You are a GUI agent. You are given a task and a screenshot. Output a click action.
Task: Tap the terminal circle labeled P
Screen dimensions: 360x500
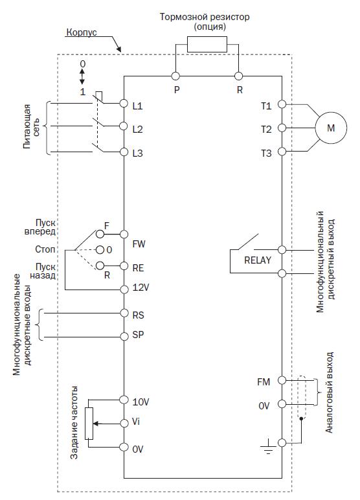point(175,76)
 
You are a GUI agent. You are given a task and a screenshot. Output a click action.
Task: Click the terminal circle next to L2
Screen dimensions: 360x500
point(124,126)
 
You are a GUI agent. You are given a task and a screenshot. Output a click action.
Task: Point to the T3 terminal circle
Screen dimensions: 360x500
point(282,151)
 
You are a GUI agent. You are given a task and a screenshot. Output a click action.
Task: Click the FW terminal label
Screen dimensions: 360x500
point(139,244)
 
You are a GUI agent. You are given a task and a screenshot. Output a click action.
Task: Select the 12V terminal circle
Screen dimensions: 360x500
point(124,290)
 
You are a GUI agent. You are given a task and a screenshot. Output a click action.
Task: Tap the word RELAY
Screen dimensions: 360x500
point(257,260)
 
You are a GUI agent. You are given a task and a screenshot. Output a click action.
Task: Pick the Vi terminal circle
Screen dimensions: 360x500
point(124,423)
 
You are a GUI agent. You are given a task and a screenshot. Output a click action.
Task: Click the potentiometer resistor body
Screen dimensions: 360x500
point(89,424)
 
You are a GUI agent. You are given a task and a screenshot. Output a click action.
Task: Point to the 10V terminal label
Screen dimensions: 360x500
point(141,402)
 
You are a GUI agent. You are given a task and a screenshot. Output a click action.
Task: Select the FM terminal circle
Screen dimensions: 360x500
point(282,380)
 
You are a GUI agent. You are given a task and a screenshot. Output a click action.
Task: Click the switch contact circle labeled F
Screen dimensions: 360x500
point(100,234)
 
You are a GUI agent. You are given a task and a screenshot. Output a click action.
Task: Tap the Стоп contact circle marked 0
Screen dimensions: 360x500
point(100,250)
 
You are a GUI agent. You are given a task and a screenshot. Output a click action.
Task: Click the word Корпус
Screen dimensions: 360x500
point(82,33)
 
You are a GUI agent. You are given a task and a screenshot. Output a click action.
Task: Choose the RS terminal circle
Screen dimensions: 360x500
point(124,313)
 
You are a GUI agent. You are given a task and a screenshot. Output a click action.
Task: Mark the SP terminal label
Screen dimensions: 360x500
point(138,335)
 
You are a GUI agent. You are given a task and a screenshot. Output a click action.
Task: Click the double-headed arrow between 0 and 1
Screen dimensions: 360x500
point(82,77)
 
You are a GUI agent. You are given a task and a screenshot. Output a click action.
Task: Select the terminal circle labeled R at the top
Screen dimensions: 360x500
point(238,76)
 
